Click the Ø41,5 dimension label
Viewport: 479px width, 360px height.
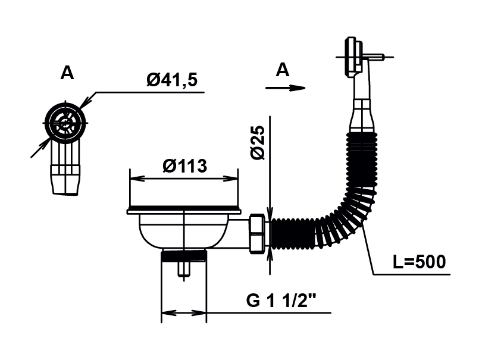[172, 80]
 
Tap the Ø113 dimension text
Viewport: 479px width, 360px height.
[185, 166]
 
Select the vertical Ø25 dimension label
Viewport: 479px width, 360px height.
[258, 142]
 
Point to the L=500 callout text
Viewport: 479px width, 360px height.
[419, 262]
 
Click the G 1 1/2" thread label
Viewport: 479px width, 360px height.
[281, 300]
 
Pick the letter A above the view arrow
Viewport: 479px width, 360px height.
[282, 70]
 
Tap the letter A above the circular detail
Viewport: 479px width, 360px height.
[67, 73]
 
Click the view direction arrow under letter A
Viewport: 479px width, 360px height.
[286, 88]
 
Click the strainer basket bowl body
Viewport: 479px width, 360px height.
[183, 231]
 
